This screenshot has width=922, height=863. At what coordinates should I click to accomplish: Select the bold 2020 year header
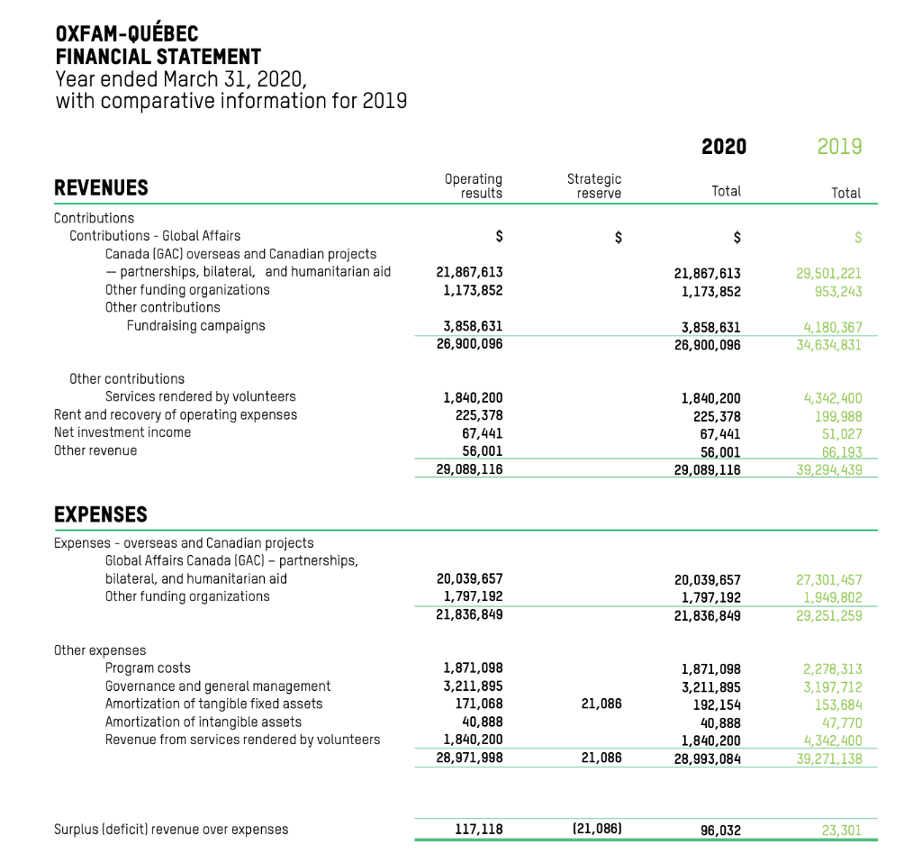724,146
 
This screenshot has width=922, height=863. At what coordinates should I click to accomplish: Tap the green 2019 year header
839,146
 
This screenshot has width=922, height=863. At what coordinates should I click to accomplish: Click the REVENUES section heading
101,187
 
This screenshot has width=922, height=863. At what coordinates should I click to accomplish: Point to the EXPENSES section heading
101,514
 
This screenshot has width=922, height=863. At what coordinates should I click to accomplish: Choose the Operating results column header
474,186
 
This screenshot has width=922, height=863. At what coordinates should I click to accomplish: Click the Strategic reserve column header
593,186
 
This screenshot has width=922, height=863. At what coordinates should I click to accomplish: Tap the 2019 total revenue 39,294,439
827,468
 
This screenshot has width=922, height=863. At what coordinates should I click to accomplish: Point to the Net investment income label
122,432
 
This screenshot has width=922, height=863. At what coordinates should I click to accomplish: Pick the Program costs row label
148,668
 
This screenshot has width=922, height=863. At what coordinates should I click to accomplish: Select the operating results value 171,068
478,704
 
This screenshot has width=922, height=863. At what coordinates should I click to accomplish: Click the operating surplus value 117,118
478,829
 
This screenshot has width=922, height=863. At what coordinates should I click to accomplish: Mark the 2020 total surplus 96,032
719,830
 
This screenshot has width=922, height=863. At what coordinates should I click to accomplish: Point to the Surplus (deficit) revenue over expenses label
171,829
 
